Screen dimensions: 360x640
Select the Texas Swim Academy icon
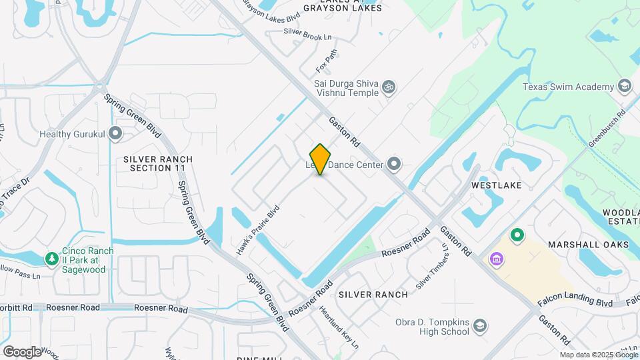pos(625,86)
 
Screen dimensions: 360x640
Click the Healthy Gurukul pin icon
pos(116,133)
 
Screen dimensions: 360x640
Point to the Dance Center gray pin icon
pos(394,163)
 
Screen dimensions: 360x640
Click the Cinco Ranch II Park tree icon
pos(51,258)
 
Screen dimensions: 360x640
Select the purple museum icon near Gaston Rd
pos(497,258)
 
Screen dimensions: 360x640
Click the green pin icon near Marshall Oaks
pos(517,235)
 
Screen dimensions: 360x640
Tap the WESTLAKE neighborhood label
pos(497,184)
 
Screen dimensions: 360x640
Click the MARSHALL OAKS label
pos(589,245)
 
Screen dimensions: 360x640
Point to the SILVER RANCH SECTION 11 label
pos(158,163)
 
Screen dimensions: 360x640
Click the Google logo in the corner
pos(22,351)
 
